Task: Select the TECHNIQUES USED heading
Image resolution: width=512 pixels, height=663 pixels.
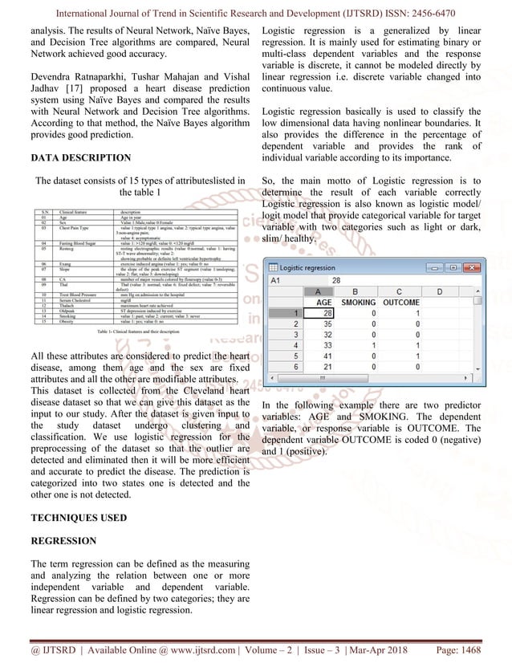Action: pos(78,518)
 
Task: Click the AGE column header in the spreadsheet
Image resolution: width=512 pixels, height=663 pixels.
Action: pos(326,302)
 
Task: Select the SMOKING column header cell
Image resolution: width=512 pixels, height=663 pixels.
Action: pos(358,302)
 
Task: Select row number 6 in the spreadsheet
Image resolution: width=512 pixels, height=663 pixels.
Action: pos(296,366)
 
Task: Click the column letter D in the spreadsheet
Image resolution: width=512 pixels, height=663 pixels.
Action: pos(439,291)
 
